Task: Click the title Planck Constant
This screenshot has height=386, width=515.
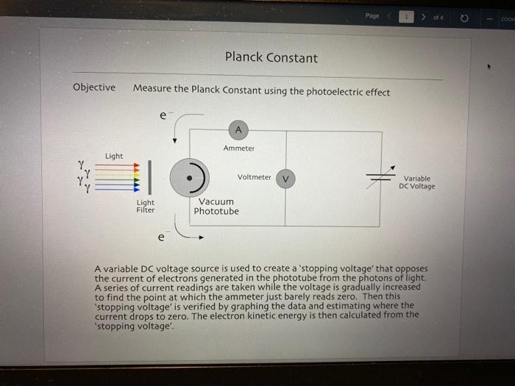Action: [x=271, y=58]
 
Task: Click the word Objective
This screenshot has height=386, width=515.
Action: [x=94, y=87]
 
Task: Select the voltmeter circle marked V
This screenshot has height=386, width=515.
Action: [x=285, y=178]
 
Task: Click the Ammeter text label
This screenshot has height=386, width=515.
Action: [x=238, y=149]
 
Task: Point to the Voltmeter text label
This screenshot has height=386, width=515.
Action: [x=254, y=177]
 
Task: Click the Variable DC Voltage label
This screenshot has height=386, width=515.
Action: [x=416, y=182]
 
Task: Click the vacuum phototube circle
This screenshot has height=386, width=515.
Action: [x=190, y=177]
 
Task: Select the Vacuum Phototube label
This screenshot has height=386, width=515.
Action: [x=216, y=207]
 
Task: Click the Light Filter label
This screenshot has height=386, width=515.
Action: [x=146, y=206]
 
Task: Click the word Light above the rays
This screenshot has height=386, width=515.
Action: [x=114, y=156]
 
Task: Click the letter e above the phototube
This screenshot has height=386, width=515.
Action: [x=163, y=115]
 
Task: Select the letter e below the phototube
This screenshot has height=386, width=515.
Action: [x=161, y=237]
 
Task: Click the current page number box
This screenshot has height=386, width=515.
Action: [x=403, y=15]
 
